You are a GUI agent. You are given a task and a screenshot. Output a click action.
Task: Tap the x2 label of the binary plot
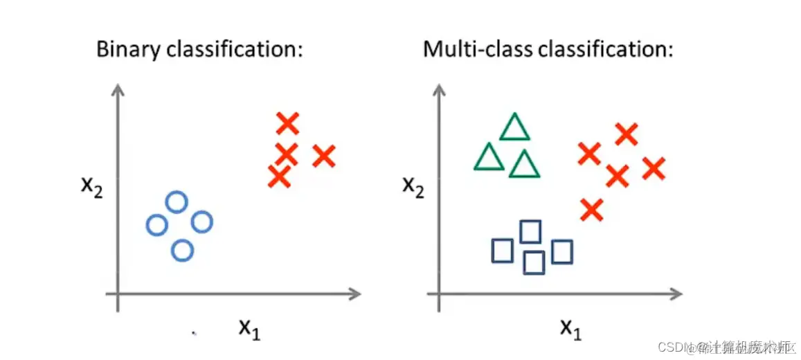coord(90,188)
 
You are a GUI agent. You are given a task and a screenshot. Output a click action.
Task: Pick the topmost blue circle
coord(177,202)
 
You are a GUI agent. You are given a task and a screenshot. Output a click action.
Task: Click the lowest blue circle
coord(182,250)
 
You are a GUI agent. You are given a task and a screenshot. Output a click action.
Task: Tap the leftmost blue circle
coord(157,224)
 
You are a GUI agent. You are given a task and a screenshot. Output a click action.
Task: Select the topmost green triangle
coord(514,128)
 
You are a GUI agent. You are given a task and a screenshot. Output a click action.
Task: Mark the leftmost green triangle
coord(489,158)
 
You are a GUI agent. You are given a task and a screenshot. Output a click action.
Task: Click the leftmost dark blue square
coord(502,251)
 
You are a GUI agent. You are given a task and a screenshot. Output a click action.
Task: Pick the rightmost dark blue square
coord(563,251)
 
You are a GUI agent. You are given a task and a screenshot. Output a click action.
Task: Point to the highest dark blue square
coord(531,231)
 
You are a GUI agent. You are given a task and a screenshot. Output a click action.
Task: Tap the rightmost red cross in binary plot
coord(323,156)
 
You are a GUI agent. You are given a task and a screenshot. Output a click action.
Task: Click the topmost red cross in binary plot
coord(287,124)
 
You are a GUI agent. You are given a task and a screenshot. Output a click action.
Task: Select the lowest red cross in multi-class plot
coord(591,209)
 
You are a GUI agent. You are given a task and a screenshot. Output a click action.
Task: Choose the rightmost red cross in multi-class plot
coord(653,168)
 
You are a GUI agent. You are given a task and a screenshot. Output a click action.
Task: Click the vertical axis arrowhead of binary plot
coord(119,89)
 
